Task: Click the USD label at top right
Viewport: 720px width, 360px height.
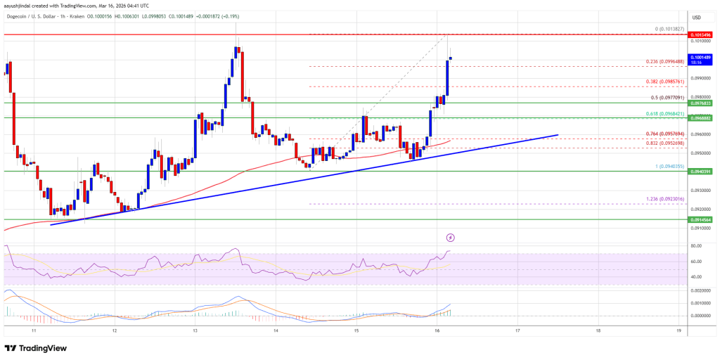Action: (696, 17)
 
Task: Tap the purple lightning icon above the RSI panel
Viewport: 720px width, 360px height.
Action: (450, 238)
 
